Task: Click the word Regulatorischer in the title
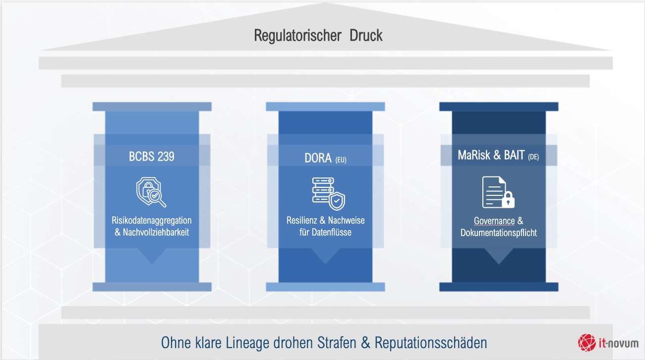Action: click(297, 36)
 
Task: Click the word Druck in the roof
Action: click(366, 36)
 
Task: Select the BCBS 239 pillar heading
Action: click(152, 157)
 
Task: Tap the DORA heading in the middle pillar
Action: click(318, 158)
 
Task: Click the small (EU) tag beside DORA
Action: click(341, 160)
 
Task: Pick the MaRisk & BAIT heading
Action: click(491, 156)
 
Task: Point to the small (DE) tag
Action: click(533, 158)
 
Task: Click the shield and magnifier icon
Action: click(151, 193)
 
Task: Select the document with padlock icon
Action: click(498, 192)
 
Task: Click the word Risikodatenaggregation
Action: click(152, 221)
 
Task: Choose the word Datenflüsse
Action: click(333, 232)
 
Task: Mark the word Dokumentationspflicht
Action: click(498, 233)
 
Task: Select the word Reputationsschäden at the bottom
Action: click(431, 343)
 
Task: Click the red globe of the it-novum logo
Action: click(587, 342)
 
